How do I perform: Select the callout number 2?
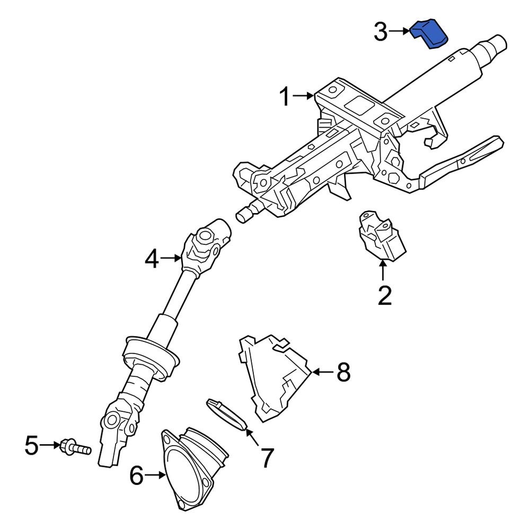click(384, 295)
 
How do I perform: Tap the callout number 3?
click(381, 32)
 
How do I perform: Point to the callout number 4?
click(152, 259)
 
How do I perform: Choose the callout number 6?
click(137, 476)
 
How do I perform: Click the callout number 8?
click(343, 373)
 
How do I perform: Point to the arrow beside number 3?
click(400, 32)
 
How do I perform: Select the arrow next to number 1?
click(305, 96)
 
